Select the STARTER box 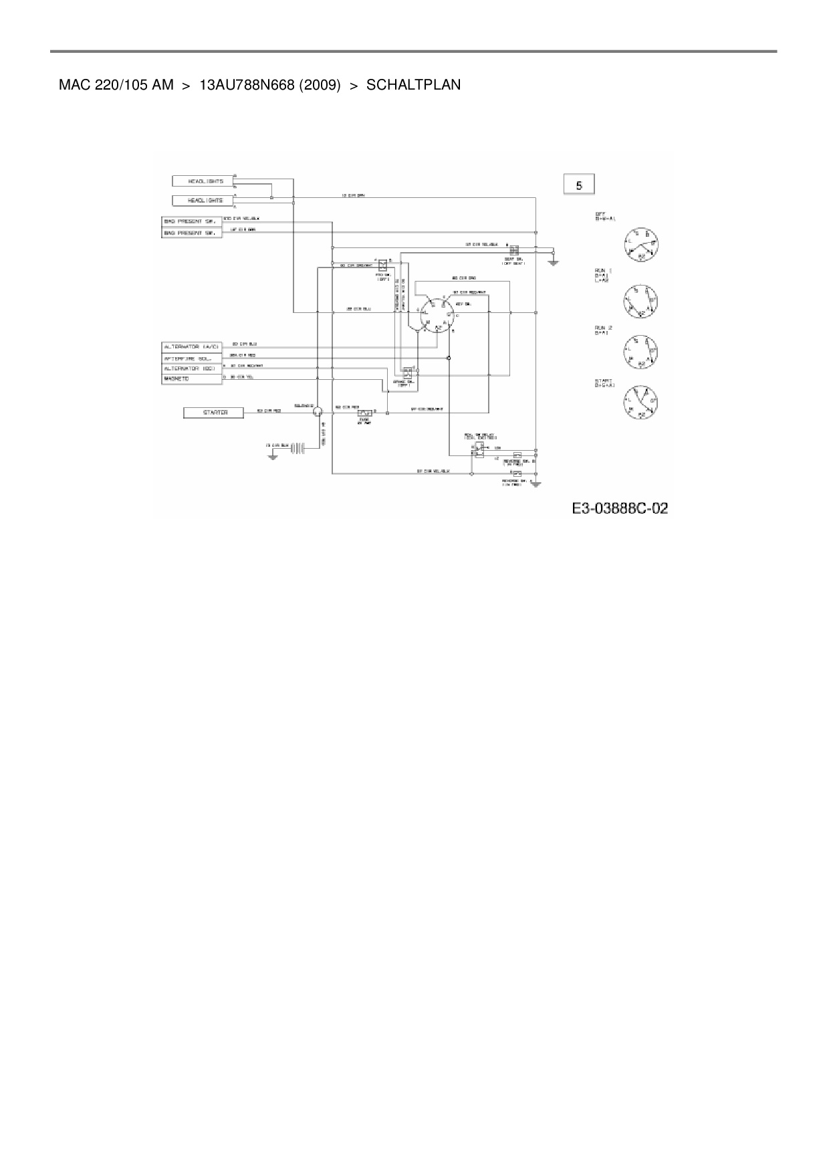[215, 413]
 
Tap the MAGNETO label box [192, 379]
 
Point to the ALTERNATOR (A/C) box [192, 347]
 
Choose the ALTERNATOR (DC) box [192, 368]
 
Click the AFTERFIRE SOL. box [192, 358]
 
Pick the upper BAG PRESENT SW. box [192, 221]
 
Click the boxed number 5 [579, 184]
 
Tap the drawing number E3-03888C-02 [620, 509]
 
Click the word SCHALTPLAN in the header [413, 85]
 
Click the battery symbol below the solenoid [298, 448]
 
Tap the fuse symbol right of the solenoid [364, 413]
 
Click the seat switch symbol [513, 250]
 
